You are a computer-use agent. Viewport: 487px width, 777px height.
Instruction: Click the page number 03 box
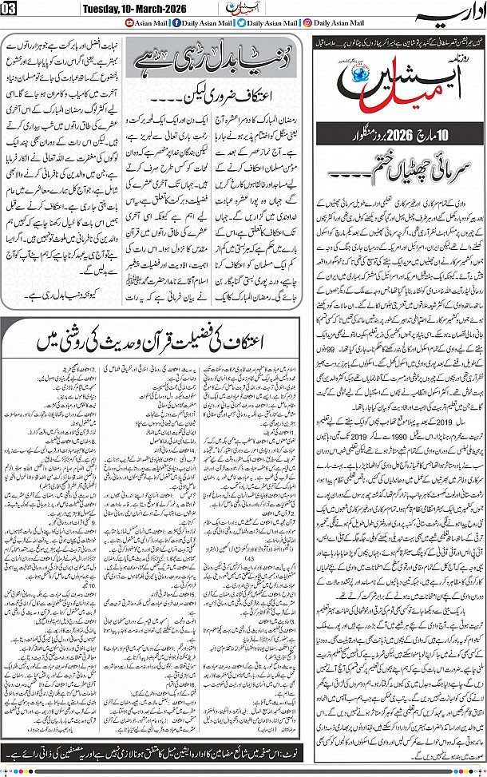[x=8, y=8]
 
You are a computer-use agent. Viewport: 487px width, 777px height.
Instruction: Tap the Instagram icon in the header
[x=307, y=24]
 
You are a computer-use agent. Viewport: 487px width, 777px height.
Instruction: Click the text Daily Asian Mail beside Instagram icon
[x=341, y=24]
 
